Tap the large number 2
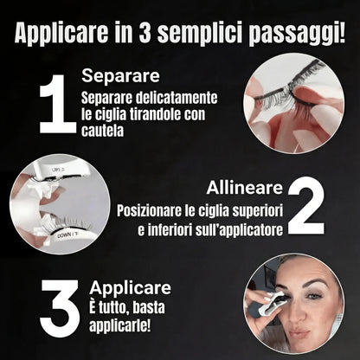click(305, 207)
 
